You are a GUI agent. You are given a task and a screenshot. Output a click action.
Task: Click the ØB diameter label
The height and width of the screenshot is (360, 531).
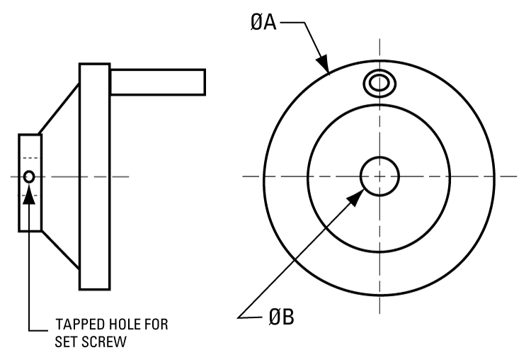click(282, 317)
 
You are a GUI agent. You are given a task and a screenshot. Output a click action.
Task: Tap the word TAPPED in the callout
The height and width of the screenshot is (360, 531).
click(79, 325)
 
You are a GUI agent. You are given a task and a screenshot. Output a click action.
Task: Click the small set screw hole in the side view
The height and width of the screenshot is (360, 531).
click(29, 176)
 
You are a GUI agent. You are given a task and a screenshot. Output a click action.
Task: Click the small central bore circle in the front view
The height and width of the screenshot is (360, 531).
click(379, 176)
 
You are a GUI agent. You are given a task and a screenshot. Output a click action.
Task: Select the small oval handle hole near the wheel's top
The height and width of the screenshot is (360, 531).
click(379, 83)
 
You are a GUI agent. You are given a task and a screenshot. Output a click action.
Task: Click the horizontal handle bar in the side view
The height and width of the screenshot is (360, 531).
click(157, 81)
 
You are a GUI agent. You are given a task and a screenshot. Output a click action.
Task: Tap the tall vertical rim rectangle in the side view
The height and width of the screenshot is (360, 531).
click(94, 176)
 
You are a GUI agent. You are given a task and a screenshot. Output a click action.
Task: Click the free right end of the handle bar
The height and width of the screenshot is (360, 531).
click(205, 81)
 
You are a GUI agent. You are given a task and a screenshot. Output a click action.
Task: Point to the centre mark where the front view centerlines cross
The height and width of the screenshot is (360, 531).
click(379, 176)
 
